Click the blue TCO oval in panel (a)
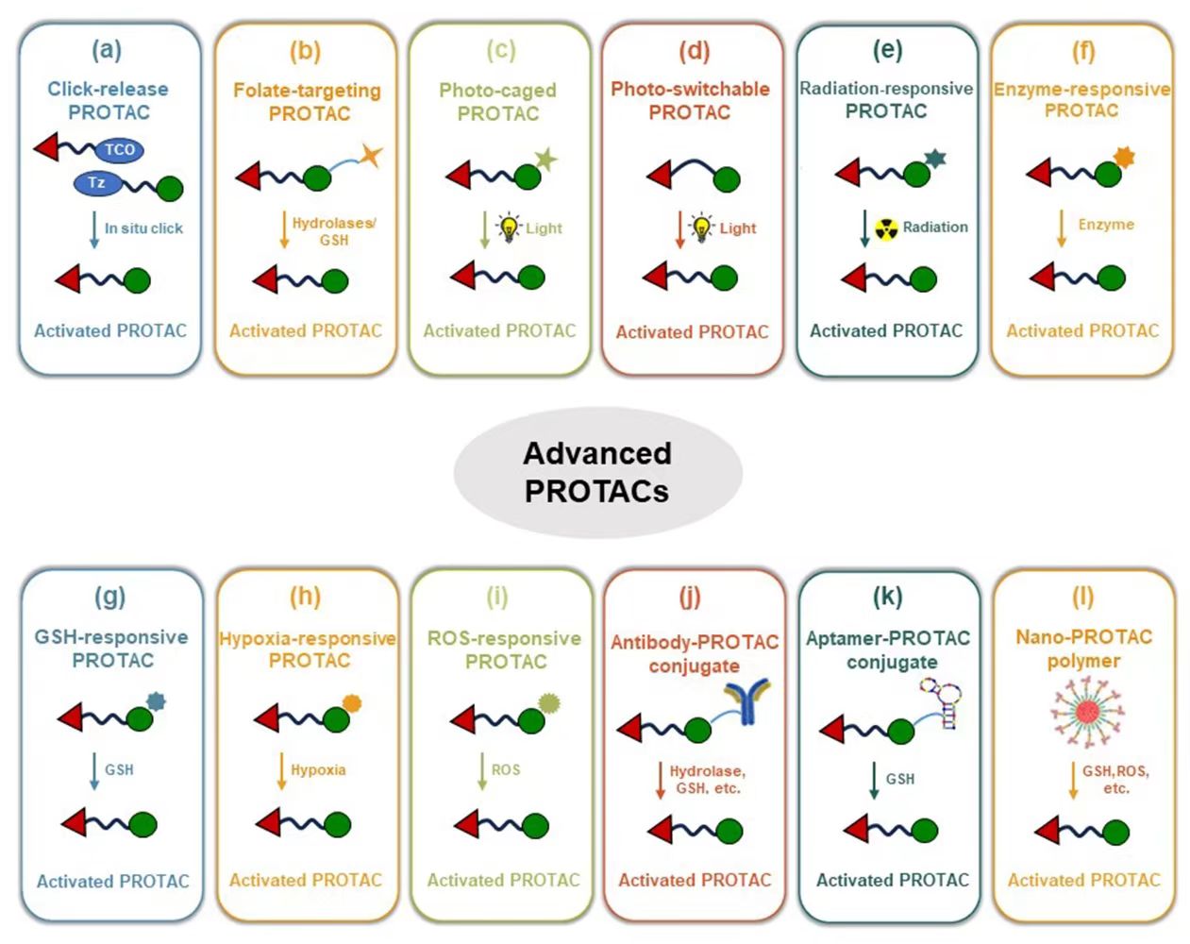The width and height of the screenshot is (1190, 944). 119,149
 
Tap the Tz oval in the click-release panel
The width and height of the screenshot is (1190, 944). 97,182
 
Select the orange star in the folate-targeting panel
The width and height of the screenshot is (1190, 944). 371,155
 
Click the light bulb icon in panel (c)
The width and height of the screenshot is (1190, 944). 510,228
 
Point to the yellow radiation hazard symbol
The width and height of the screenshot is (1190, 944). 885,228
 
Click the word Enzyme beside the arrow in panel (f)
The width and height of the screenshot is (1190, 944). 1106,225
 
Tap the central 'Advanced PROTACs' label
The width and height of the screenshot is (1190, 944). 596,472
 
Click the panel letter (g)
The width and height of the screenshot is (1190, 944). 110,597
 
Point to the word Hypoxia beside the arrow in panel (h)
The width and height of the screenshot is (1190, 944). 318,770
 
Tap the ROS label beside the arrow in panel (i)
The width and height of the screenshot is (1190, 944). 506,770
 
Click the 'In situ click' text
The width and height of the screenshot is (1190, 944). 143,228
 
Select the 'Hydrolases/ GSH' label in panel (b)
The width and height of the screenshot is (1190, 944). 333,232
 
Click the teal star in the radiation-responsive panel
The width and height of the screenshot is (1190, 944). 935,158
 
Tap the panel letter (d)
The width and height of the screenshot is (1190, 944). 694,50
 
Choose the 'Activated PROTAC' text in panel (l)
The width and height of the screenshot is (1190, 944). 1083,881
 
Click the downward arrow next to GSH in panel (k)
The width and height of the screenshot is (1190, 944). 874,780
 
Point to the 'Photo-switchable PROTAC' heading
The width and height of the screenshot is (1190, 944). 690,100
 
